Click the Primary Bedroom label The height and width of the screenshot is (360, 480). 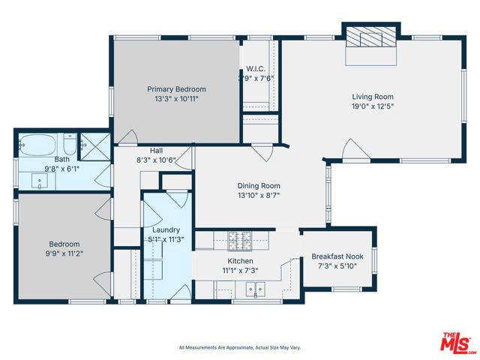(x=176, y=89)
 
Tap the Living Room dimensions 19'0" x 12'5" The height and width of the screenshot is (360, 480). (x=373, y=106)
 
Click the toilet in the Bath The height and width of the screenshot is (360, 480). (x=69, y=144)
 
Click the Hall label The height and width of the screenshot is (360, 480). (x=156, y=151)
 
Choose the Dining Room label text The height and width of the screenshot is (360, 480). (x=259, y=186)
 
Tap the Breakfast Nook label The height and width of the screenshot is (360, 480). (x=337, y=256)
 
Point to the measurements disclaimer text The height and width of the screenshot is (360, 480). (x=239, y=347)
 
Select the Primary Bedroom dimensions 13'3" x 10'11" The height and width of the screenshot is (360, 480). (x=176, y=98)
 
